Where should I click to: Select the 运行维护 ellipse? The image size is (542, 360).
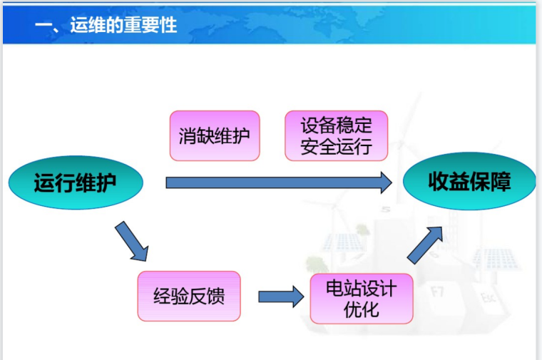[x=76, y=183]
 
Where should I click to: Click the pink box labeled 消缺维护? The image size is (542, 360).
[x=214, y=135]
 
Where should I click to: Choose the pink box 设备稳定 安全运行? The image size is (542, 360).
[x=336, y=135]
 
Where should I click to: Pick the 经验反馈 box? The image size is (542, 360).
[x=188, y=296]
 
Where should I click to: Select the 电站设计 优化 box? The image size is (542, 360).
[x=361, y=299]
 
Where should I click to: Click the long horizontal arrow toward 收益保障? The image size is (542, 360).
[x=278, y=182]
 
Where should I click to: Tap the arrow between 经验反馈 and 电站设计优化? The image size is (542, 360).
[x=280, y=297]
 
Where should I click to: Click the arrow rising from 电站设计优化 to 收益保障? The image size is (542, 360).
[x=429, y=245]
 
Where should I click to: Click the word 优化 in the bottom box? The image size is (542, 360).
[x=361, y=309]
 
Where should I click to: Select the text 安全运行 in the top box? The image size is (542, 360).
[x=336, y=147]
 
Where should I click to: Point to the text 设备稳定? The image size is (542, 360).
[x=336, y=125]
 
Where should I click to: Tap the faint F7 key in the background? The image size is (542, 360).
[x=438, y=291]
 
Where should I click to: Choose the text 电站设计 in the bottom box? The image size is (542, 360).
[x=361, y=289]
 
